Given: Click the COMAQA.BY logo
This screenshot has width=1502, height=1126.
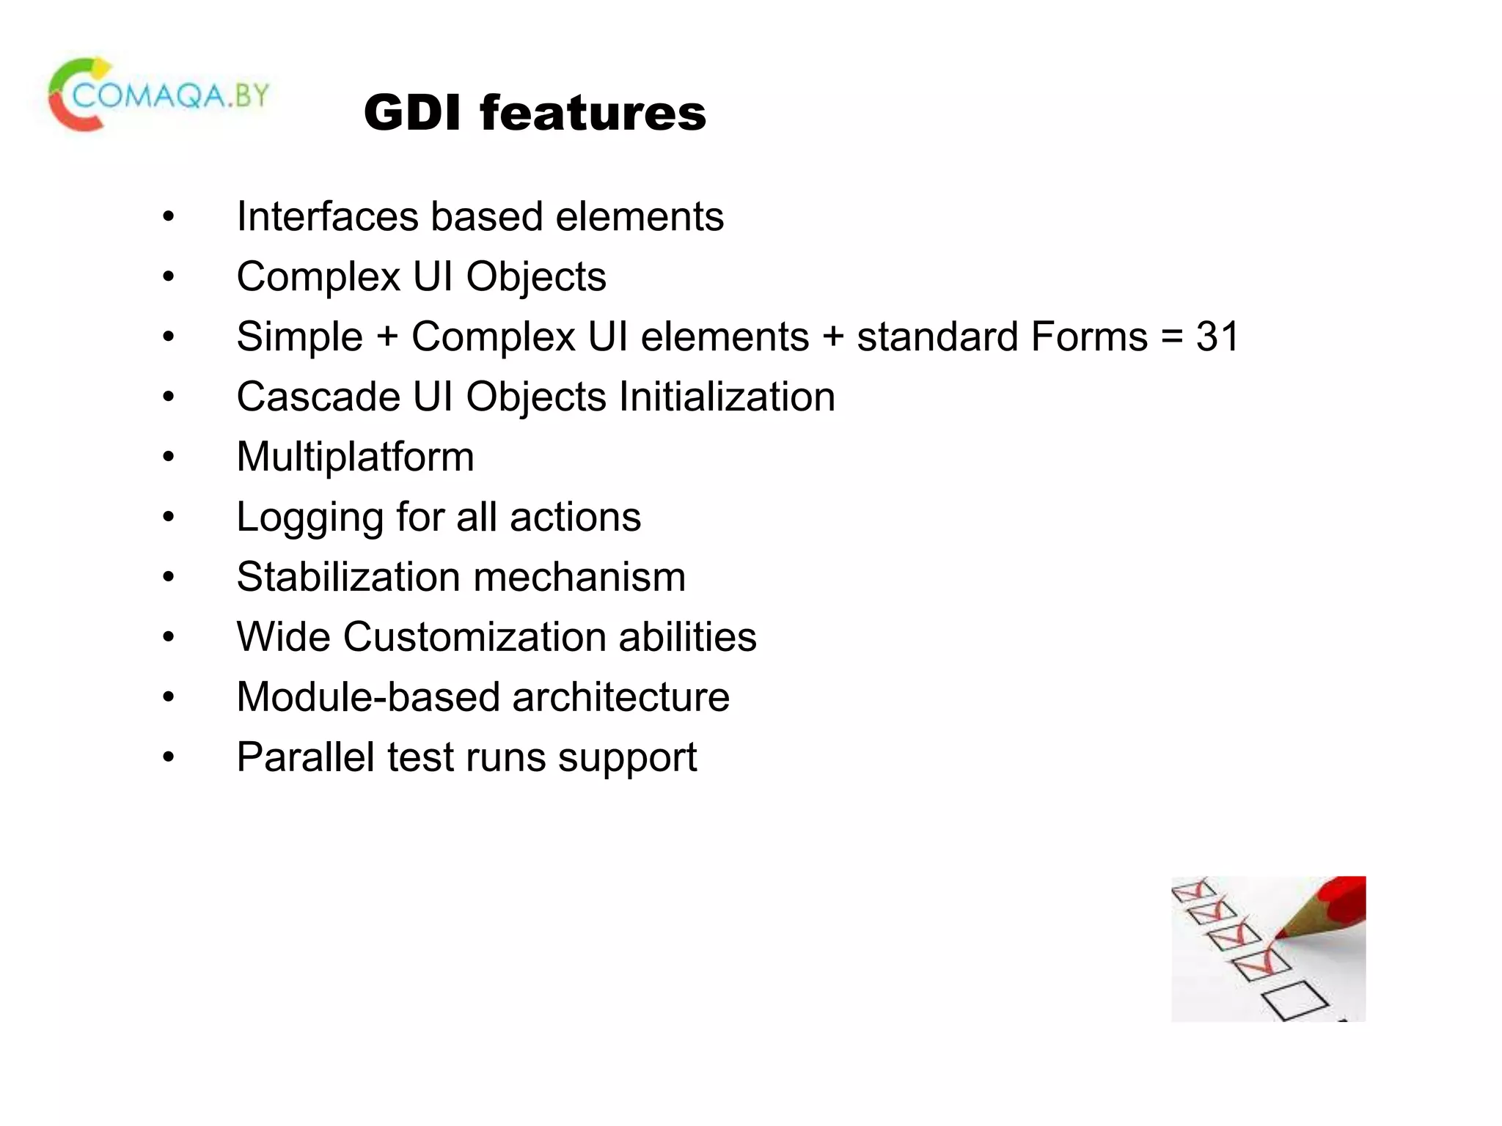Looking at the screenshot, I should (158, 95).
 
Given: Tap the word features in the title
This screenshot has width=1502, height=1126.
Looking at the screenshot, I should (593, 114).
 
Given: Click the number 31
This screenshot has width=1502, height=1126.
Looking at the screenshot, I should (1217, 337).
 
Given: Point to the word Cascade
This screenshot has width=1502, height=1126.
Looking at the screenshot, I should (318, 397).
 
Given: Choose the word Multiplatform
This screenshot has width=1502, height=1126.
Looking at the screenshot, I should (355, 457).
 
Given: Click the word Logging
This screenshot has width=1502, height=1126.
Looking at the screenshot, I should (310, 518).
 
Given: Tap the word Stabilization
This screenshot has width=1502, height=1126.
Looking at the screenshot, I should (348, 578).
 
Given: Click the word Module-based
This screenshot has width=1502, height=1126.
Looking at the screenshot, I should (367, 697).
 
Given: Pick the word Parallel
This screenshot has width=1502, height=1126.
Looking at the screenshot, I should (306, 757).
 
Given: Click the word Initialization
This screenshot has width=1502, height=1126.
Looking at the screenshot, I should (726, 397).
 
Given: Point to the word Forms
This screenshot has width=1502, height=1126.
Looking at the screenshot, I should (1088, 337).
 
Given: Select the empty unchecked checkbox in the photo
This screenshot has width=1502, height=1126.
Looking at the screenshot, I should (1294, 999).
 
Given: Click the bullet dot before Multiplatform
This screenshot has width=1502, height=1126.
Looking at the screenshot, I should (169, 457).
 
